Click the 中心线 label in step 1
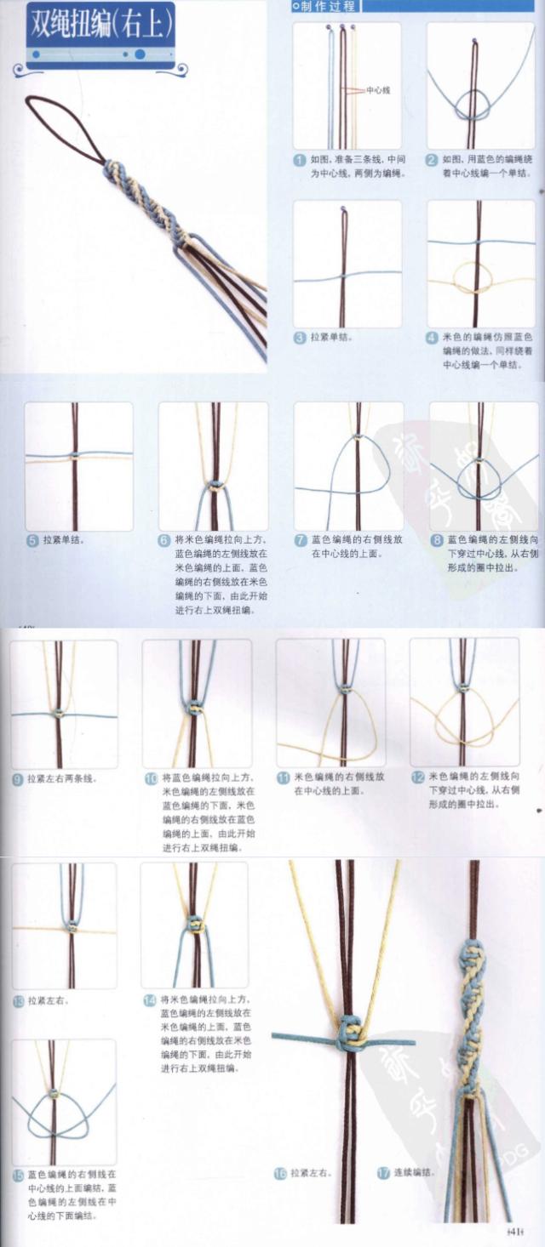tap(378, 89)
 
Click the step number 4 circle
tap(433, 338)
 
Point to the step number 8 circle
tap(436, 539)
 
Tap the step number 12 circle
tap(418, 777)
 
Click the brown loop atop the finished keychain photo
tap(64, 128)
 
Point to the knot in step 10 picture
tap(194, 706)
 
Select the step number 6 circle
tap(164, 539)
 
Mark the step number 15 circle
tap(18, 1175)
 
